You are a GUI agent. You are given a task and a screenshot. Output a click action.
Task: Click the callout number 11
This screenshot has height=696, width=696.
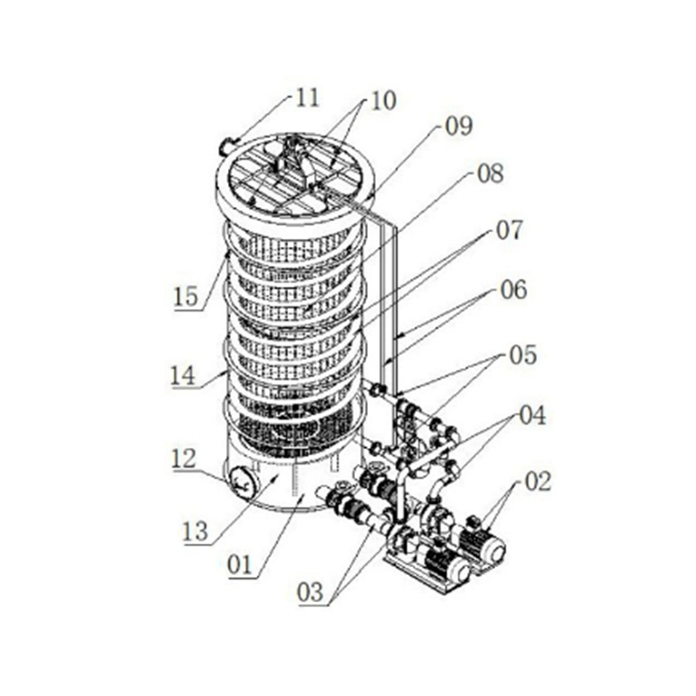coord(306,97)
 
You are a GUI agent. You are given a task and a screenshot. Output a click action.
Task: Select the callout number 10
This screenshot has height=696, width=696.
coord(381,100)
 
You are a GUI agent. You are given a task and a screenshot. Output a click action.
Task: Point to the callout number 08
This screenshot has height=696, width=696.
coord(489,174)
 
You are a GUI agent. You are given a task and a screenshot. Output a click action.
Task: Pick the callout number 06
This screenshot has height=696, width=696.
coord(513,290)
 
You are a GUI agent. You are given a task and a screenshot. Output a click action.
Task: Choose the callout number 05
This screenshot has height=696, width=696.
coord(523,354)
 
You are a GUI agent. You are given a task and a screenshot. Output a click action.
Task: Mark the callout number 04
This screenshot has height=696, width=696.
coord(532,415)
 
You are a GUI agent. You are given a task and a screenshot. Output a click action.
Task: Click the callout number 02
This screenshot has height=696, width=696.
coord(538,482)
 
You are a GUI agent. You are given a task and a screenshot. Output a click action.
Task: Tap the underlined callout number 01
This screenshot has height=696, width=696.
coord(239,565)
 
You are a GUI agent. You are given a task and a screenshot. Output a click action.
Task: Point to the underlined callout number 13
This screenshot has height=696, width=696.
coord(197,531)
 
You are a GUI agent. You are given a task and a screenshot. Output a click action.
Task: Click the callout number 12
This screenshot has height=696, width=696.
coord(185,456)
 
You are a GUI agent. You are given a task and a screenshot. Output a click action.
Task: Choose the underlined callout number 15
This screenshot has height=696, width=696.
coord(185,296)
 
